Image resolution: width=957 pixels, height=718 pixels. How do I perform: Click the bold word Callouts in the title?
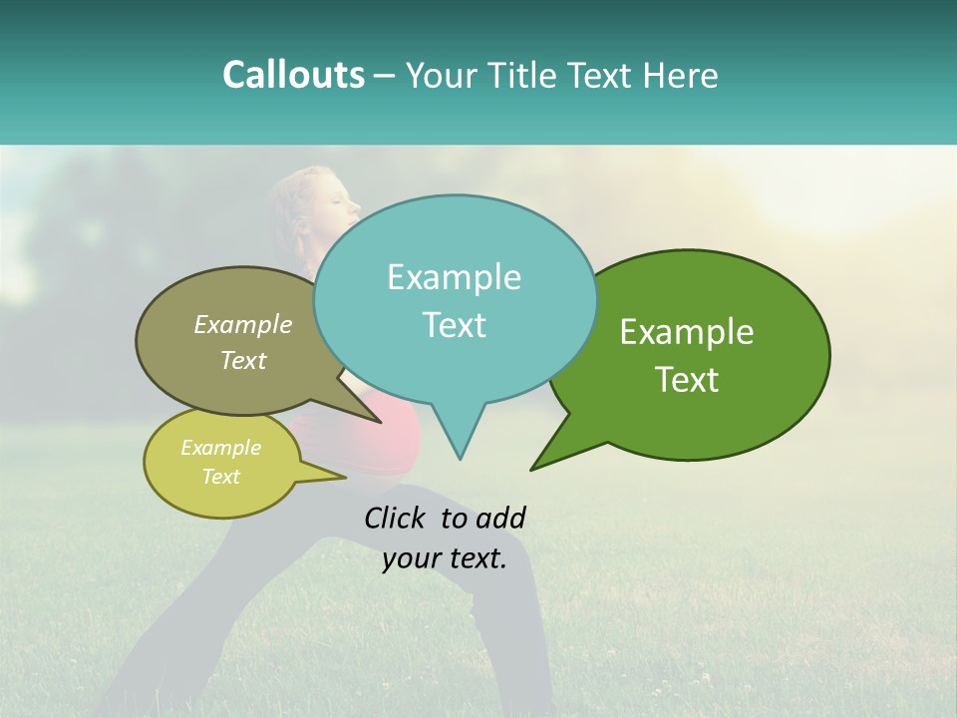(293, 75)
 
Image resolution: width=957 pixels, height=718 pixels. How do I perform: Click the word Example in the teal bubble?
(454, 277)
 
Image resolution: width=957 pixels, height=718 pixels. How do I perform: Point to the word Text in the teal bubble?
(454, 325)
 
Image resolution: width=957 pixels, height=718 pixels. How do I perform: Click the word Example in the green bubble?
(687, 332)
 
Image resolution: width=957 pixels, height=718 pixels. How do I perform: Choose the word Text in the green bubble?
(687, 380)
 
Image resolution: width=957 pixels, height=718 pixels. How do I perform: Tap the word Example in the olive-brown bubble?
(243, 324)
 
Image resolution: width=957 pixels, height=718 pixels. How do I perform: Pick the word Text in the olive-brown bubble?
(243, 360)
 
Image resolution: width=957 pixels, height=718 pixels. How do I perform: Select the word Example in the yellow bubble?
(221, 448)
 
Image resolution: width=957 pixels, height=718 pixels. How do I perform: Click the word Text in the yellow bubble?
(221, 477)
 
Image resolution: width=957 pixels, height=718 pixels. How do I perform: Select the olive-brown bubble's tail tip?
(380, 422)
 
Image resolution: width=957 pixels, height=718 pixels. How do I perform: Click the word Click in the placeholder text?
(396, 518)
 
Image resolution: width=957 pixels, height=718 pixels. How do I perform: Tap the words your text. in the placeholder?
(445, 558)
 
